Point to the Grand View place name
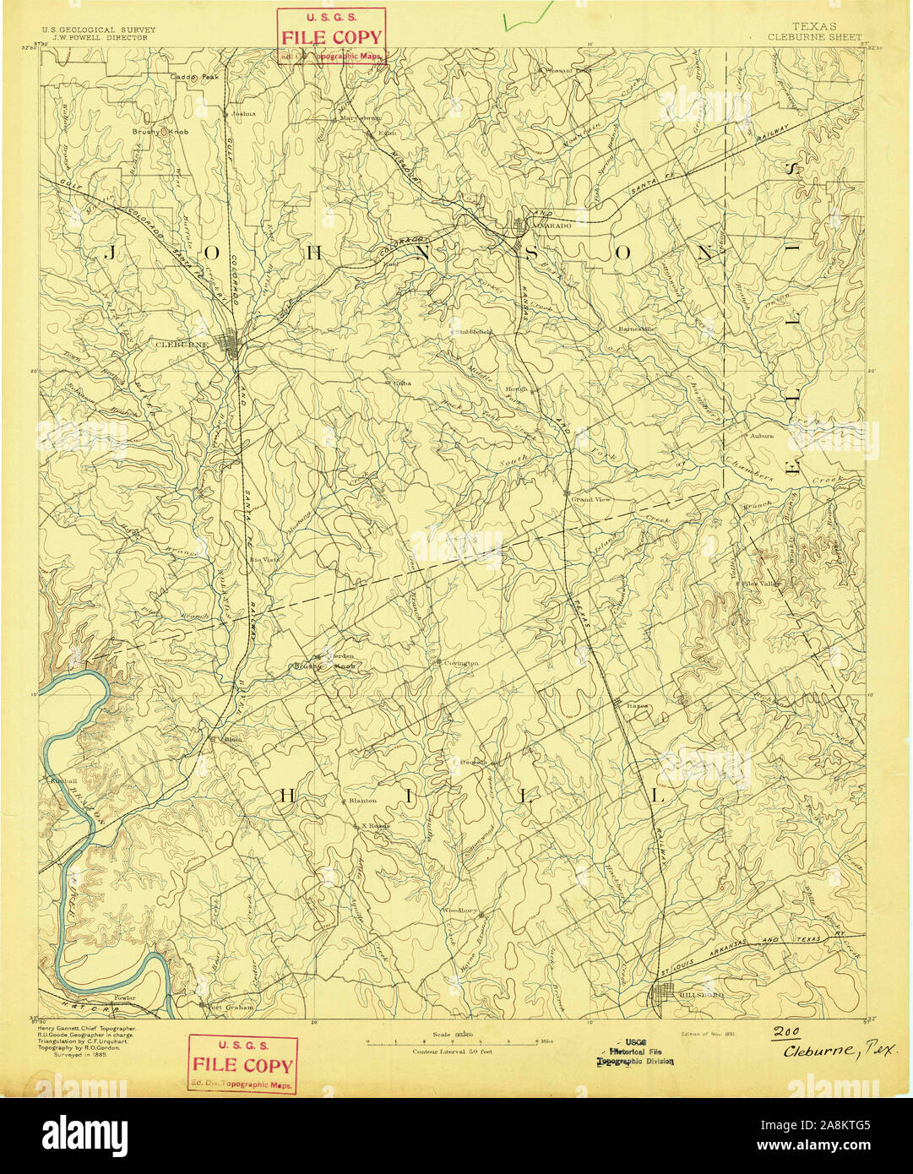coord(590,499)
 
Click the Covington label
coord(461,663)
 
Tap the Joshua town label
coord(243,113)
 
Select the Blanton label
coord(361,801)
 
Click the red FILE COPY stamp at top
coord(331,36)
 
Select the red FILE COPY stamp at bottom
coord(242,1064)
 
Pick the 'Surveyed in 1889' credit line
coord(81,1055)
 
